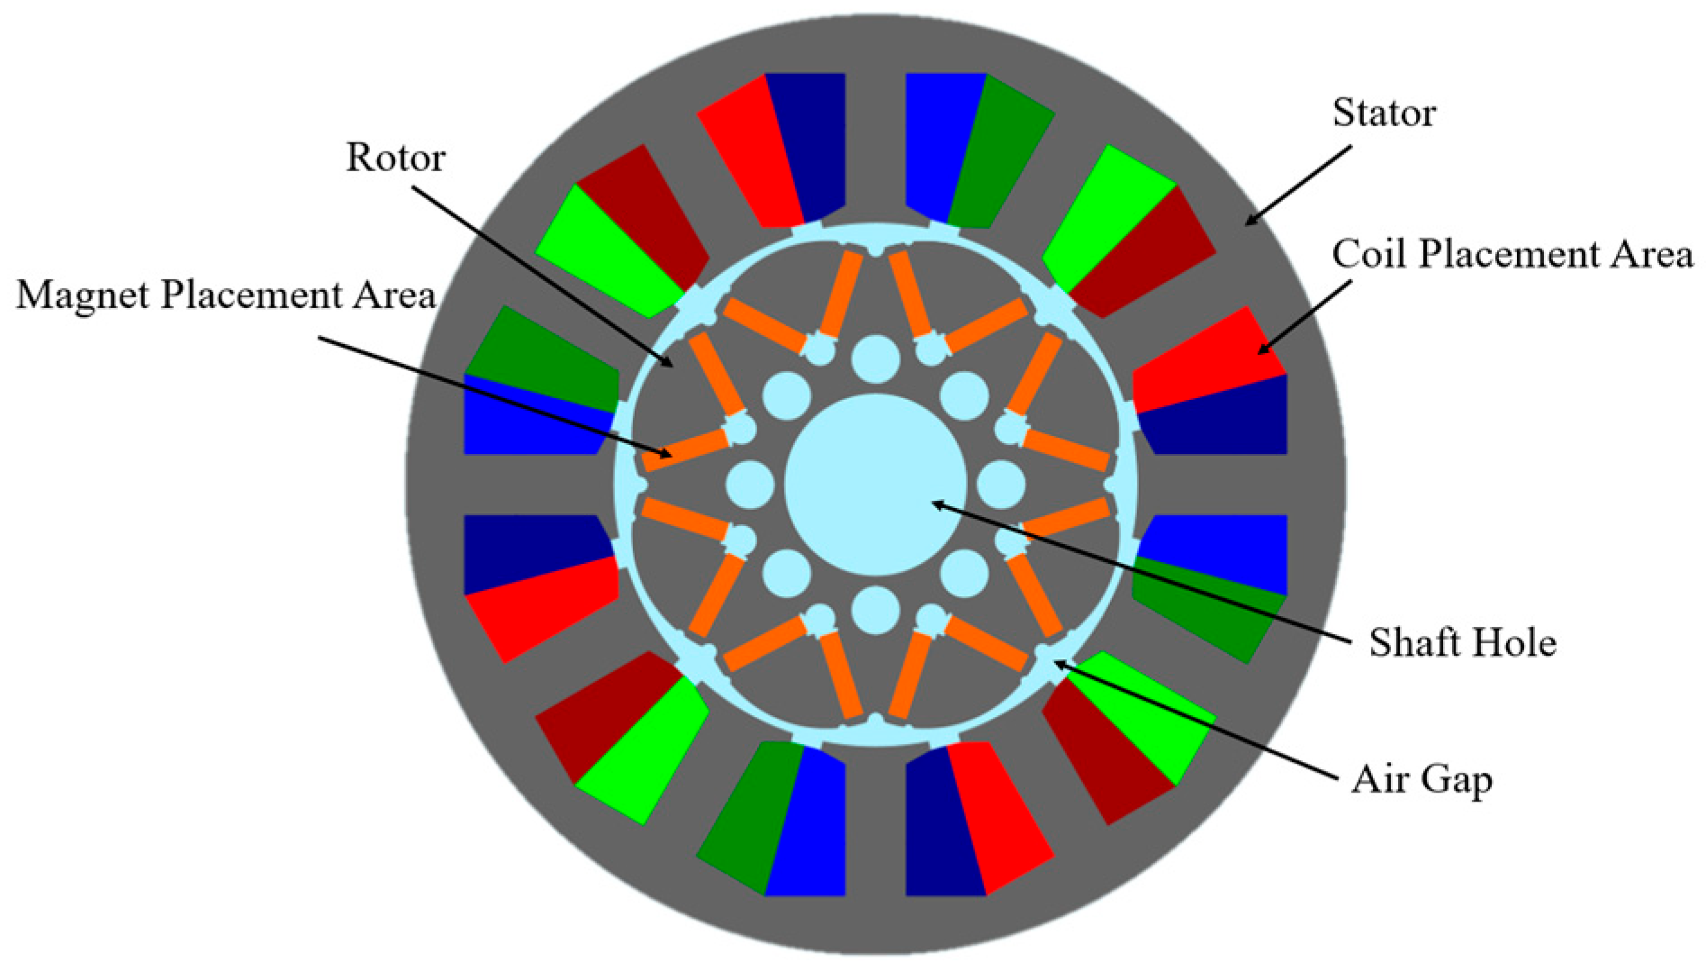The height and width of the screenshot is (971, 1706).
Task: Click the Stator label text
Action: click(1384, 113)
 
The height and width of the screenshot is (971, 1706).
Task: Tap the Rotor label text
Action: click(395, 158)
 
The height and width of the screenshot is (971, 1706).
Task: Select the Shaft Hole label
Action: click(1462, 643)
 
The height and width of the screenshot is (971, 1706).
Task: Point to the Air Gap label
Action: click(1422, 780)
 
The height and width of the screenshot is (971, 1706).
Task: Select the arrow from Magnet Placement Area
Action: click(495, 397)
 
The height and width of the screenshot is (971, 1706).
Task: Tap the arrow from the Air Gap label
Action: click(1197, 721)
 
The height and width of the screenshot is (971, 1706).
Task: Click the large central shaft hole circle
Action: click(875, 485)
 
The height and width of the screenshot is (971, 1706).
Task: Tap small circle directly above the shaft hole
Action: click(875, 358)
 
